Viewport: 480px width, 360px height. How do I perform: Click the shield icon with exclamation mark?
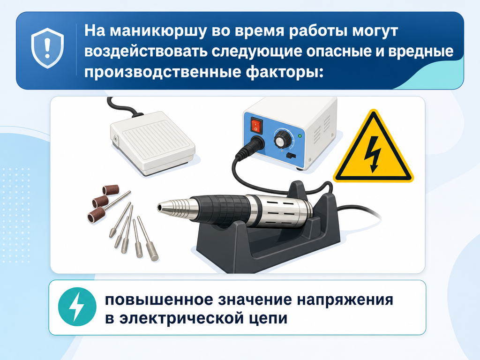coord(47,48)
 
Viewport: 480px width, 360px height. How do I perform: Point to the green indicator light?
coord(300,135)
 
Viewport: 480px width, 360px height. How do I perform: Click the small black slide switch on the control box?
coord(291,156)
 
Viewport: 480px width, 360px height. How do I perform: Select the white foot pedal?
coord(152,142)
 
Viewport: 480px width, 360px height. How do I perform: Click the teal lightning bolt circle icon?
coord(77,307)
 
